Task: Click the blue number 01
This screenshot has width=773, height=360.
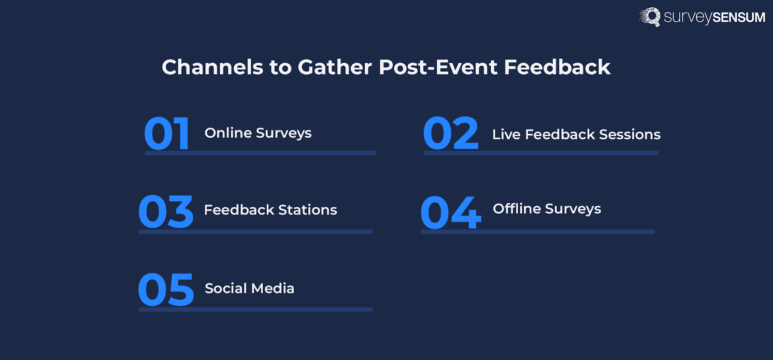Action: (167, 133)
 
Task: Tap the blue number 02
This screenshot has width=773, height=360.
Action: (451, 133)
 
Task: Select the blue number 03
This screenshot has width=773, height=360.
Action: (166, 211)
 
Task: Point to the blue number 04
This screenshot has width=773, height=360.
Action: (451, 212)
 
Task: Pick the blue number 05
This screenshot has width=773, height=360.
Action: (166, 289)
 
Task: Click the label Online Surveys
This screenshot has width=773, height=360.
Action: (258, 133)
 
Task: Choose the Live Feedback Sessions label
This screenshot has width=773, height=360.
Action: (576, 134)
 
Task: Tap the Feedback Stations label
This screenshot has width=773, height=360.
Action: (271, 210)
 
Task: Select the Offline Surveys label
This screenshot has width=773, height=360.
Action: (547, 209)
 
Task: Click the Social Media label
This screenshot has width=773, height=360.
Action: (249, 288)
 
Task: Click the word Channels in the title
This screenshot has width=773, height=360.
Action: (213, 67)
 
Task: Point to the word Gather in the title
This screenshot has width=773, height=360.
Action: (335, 67)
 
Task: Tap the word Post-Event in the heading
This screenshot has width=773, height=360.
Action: (438, 67)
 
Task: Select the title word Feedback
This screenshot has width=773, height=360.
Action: (558, 67)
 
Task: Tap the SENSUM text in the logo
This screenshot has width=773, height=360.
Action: (739, 17)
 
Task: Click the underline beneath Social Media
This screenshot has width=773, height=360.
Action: (256, 310)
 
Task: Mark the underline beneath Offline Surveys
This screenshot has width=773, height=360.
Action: (538, 232)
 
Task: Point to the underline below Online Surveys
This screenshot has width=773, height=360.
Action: (260, 153)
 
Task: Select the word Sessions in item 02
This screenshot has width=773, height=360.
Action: (630, 134)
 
